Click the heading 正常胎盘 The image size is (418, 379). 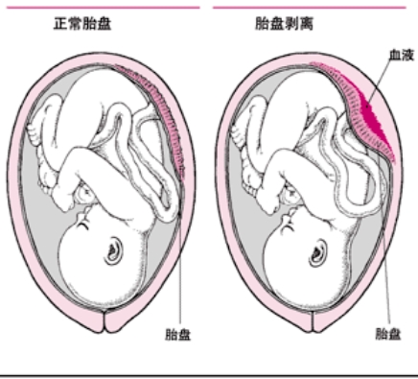[81, 23]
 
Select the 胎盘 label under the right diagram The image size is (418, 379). [386, 334]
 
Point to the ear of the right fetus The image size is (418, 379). [323, 251]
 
